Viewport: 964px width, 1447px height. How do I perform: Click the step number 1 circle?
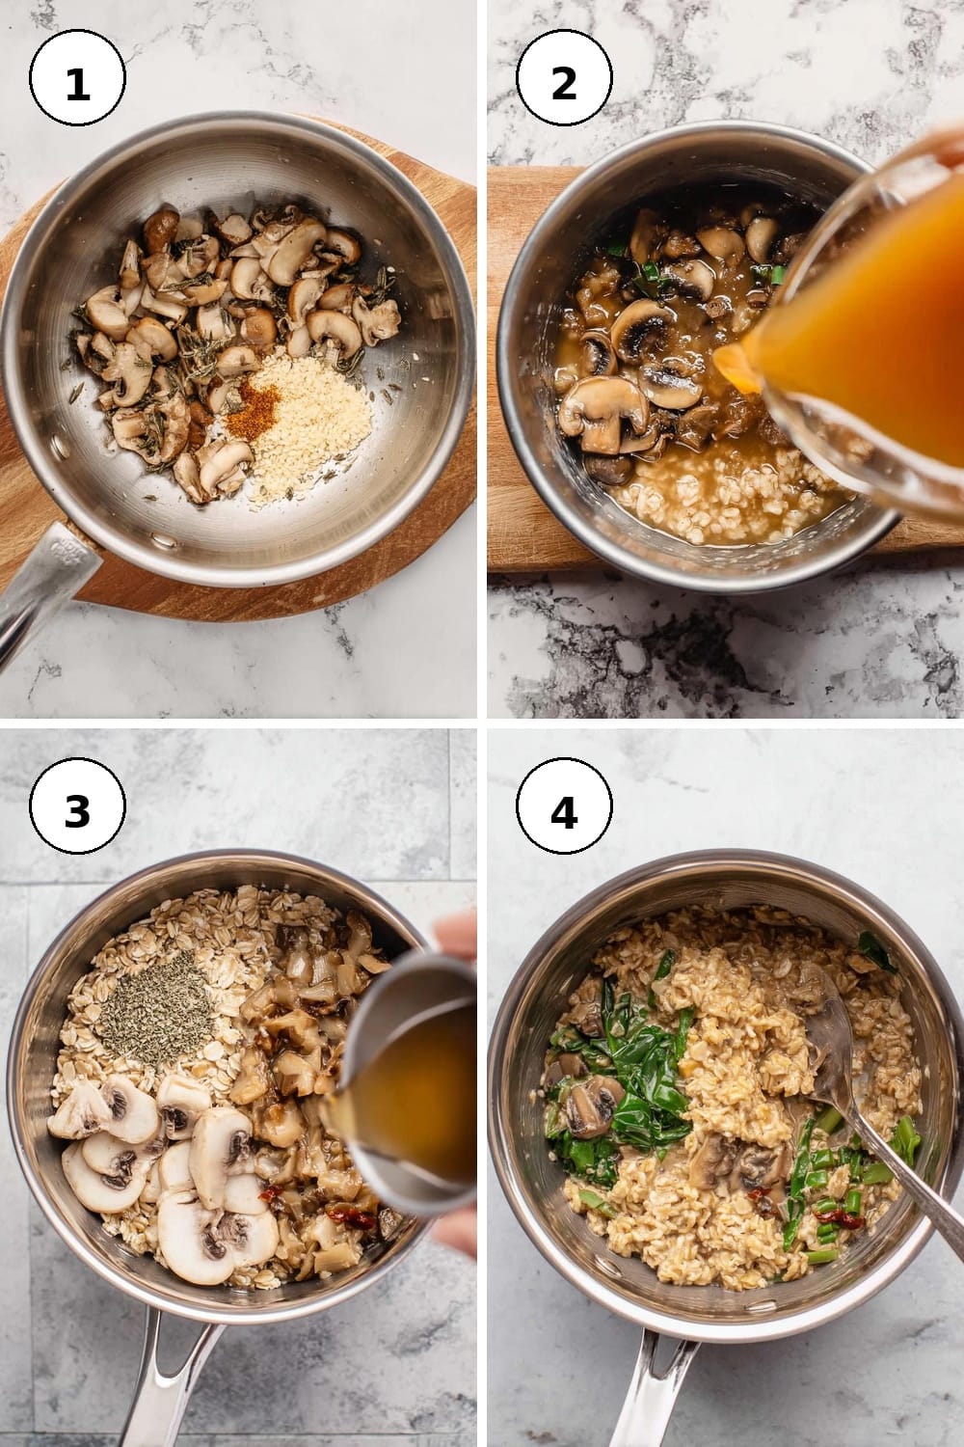[x=77, y=78]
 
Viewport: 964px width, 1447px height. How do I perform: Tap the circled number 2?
[x=564, y=78]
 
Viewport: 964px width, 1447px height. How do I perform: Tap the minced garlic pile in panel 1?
[x=306, y=423]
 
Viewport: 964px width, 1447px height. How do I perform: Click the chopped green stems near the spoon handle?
[x=840, y=1162]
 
